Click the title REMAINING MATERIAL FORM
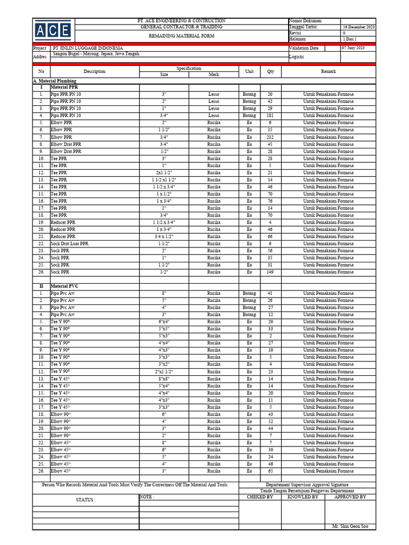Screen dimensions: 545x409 point(181,36)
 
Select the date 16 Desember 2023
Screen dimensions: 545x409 point(358,27)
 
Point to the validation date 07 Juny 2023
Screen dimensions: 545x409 point(355,48)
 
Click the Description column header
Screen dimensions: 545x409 point(94,71)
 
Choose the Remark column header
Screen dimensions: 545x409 point(329,71)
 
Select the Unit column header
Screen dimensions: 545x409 point(249,71)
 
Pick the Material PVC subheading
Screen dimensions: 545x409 point(64,286)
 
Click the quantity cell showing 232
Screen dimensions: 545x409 point(270,137)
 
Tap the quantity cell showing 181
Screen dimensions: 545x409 point(270,115)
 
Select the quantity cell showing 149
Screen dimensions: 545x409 point(270,272)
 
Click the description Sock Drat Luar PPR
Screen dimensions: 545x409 point(70,243)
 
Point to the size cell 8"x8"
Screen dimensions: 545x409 point(164,378)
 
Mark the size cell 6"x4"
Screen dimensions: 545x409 point(164,321)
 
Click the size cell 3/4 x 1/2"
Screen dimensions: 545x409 point(164,236)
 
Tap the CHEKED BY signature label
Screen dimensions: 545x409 point(260,497)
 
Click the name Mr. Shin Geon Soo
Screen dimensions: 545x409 point(350,526)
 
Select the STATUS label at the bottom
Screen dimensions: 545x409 point(85,500)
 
